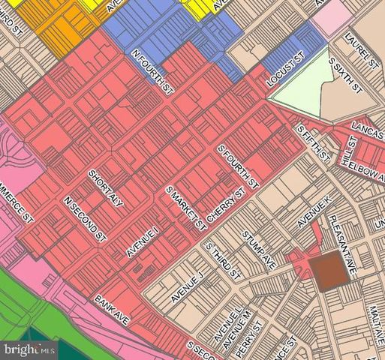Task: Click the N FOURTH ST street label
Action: click(x=147, y=67)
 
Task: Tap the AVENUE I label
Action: click(x=143, y=241)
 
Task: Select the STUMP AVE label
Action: click(x=260, y=253)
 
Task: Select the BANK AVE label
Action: click(x=112, y=309)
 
